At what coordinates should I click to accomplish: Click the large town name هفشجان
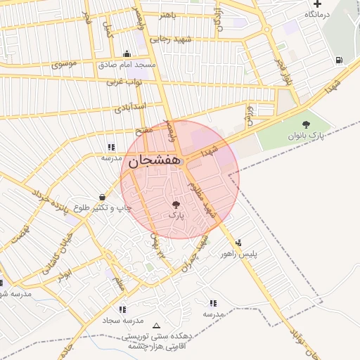(153, 161)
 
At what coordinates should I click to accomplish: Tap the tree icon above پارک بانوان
(304, 124)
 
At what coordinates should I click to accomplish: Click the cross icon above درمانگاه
(317, 4)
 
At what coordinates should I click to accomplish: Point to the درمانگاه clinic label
(317, 14)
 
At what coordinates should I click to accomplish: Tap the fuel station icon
(340, 60)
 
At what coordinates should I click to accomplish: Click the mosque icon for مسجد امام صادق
(127, 53)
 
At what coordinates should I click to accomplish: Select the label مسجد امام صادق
(130, 64)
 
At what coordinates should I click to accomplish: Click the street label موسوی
(65, 64)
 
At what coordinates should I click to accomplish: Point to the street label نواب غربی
(124, 82)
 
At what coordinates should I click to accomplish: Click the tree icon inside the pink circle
(176, 205)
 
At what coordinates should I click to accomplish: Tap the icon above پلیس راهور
(239, 242)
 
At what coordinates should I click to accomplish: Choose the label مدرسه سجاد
(123, 320)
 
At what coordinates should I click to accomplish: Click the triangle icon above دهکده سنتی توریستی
(156, 326)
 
